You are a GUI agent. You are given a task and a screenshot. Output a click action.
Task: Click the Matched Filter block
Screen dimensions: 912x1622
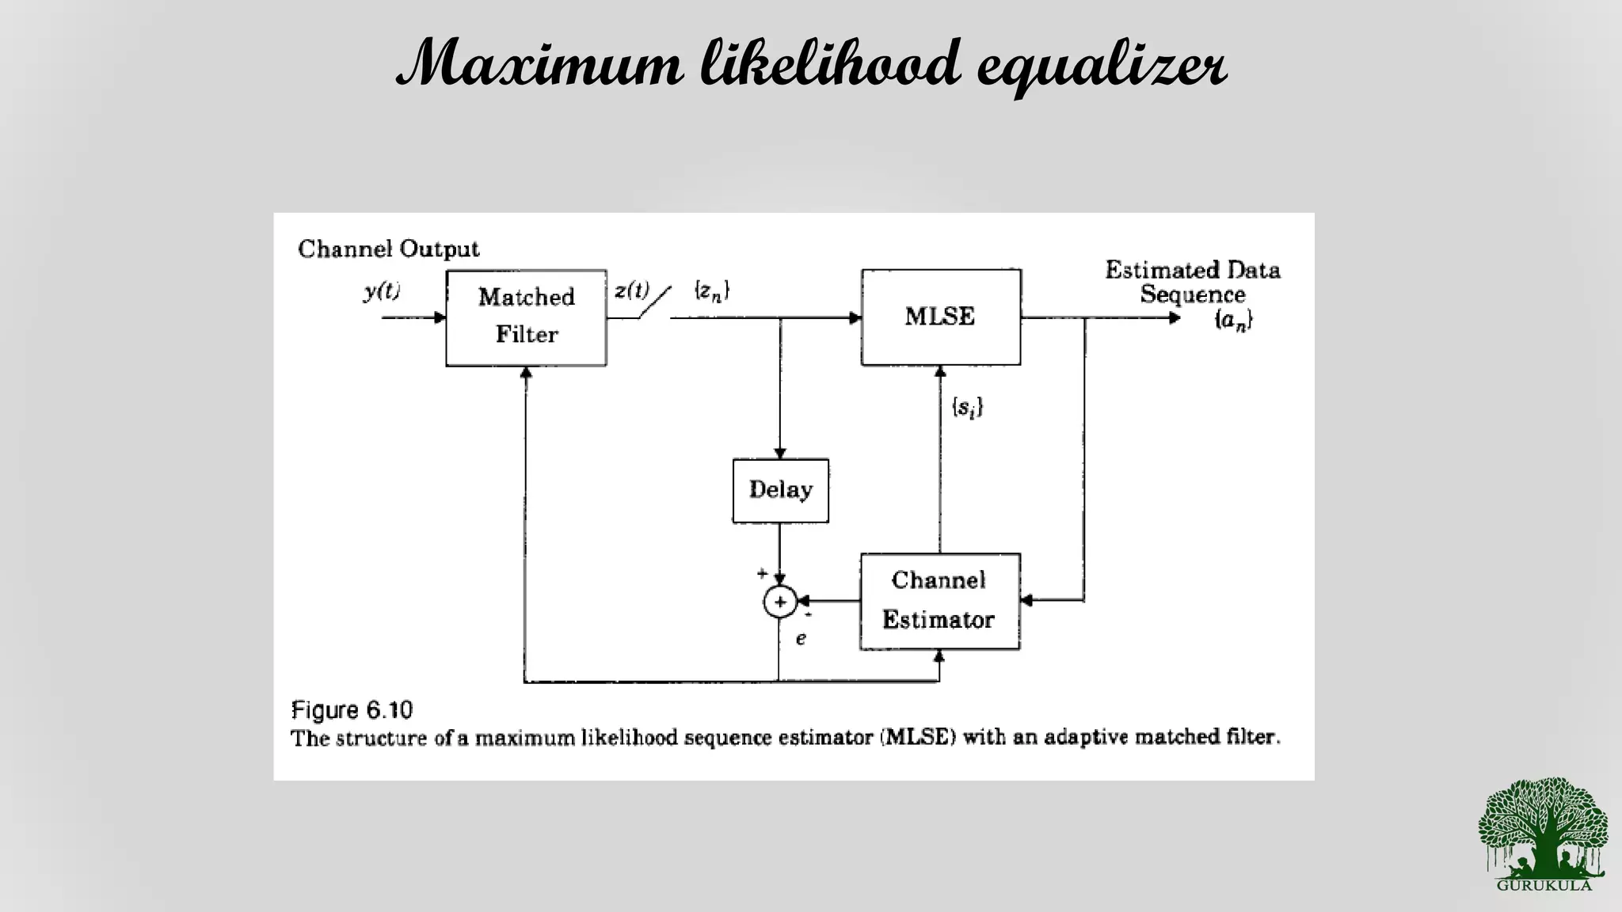click(x=526, y=317)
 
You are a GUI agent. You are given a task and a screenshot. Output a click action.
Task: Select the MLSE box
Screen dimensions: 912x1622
click(x=941, y=317)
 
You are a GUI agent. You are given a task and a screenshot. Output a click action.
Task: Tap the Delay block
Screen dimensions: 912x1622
click(x=780, y=490)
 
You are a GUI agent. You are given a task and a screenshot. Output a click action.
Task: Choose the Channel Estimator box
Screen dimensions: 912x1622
click(x=939, y=601)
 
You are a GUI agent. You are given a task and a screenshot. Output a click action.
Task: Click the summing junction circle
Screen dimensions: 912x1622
click(x=779, y=602)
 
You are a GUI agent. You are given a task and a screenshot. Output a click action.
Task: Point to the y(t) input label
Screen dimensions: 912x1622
click(x=382, y=291)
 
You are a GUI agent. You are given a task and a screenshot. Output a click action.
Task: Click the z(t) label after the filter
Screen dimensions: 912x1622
click(x=631, y=291)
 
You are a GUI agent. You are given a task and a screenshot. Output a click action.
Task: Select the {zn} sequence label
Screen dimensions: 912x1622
click(x=711, y=291)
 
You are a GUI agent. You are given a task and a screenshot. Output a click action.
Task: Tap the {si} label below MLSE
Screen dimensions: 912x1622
click(x=967, y=408)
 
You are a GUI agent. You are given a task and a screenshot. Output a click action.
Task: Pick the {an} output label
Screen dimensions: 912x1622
click(x=1233, y=320)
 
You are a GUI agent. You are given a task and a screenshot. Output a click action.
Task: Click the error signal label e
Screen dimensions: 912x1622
click(x=801, y=638)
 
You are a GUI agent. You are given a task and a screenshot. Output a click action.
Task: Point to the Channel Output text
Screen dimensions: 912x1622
click(x=388, y=249)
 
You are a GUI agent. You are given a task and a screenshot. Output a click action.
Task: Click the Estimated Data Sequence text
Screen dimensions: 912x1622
click(x=1192, y=282)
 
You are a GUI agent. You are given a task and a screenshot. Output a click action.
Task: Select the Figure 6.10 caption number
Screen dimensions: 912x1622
click(x=352, y=709)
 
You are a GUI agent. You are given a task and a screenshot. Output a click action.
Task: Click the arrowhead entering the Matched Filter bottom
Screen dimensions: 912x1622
click(x=525, y=373)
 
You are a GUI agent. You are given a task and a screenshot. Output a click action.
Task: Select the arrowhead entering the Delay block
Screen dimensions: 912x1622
click(x=780, y=454)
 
